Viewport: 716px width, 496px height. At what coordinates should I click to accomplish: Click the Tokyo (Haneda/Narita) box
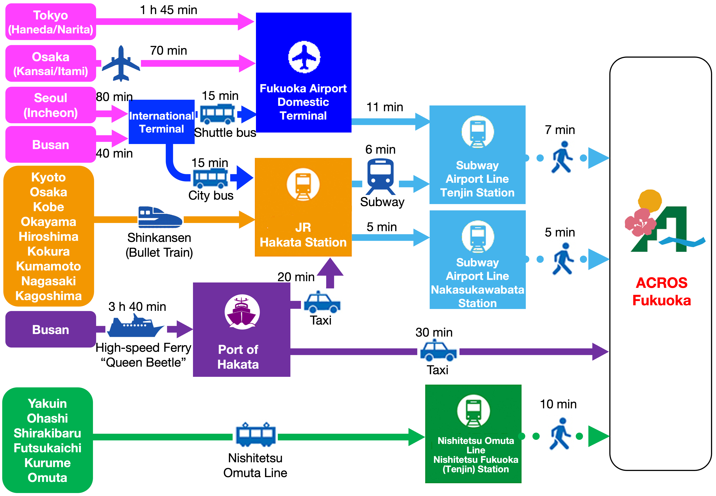pyautogui.click(x=51, y=22)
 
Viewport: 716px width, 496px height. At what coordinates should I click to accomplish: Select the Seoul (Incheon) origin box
pyautogui.click(x=51, y=105)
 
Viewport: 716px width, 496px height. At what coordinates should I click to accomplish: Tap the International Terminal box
pyautogui.click(x=161, y=122)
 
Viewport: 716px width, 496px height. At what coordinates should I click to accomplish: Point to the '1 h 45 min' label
pyautogui.click(x=168, y=10)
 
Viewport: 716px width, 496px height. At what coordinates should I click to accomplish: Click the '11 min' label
pyautogui.click(x=384, y=107)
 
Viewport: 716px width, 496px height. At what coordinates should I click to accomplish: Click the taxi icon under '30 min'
pyautogui.click(x=438, y=350)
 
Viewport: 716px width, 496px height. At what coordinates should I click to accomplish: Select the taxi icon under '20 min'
pyautogui.click(x=322, y=302)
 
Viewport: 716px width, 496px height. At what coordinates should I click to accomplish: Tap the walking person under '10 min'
pyautogui.click(x=560, y=434)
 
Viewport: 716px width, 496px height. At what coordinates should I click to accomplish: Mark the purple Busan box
pyautogui.click(x=51, y=329)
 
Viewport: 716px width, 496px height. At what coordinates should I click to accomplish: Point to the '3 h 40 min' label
pyautogui.click(x=137, y=307)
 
